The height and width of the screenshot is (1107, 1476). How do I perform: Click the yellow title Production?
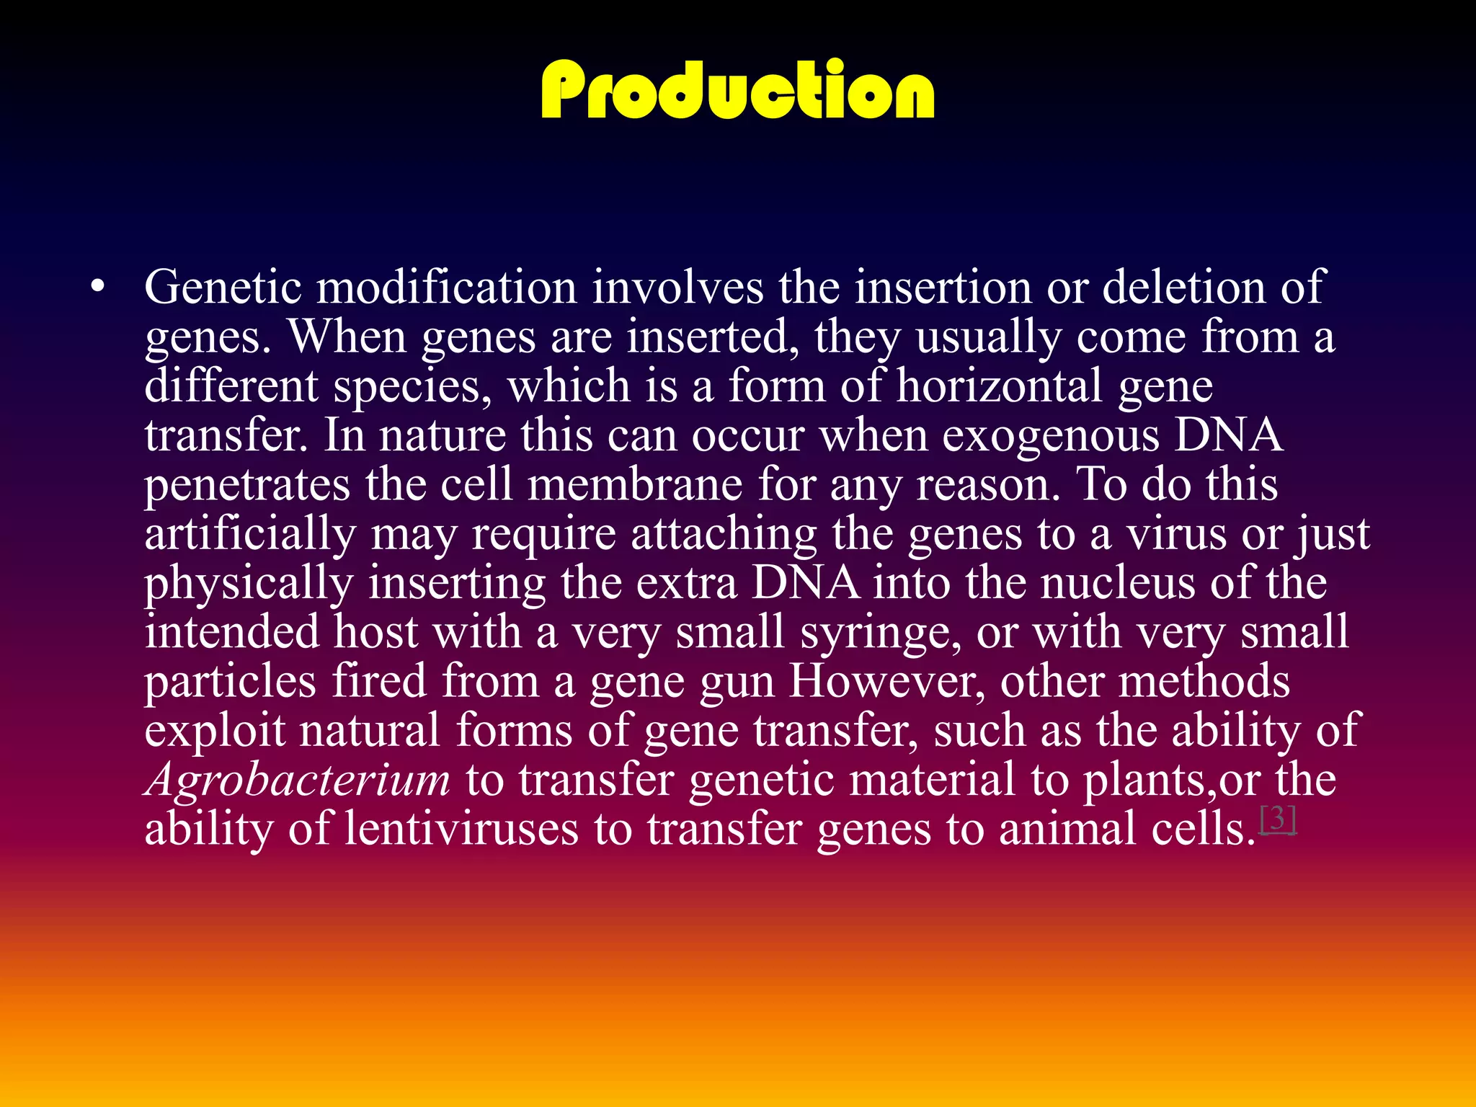(737, 90)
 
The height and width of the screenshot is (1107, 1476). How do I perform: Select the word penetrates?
(247, 485)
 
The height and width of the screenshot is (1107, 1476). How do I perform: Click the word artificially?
(250, 535)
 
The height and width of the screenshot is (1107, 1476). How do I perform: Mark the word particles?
(230, 681)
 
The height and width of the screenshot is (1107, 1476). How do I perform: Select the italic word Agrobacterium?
(298, 781)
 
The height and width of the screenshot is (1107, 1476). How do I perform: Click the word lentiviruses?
(461, 830)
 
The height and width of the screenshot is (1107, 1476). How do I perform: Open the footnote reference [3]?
(1278, 819)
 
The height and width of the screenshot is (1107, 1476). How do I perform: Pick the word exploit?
(215, 731)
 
